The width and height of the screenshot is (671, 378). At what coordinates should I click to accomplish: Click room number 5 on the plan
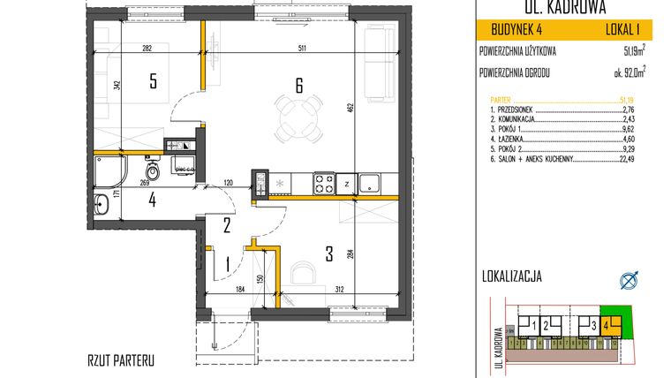tap(153, 82)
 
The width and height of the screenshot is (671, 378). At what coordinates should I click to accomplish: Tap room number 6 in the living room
tap(299, 86)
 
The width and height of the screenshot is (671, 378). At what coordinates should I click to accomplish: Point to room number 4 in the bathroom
tap(152, 200)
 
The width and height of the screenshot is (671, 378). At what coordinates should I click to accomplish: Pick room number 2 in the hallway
tap(226, 225)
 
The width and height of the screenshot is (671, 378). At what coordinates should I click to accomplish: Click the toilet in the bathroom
tap(153, 168)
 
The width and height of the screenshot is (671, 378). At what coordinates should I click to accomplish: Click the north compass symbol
tap(630, 280)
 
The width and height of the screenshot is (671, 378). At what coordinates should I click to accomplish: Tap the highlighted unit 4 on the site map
tap(607, 326)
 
